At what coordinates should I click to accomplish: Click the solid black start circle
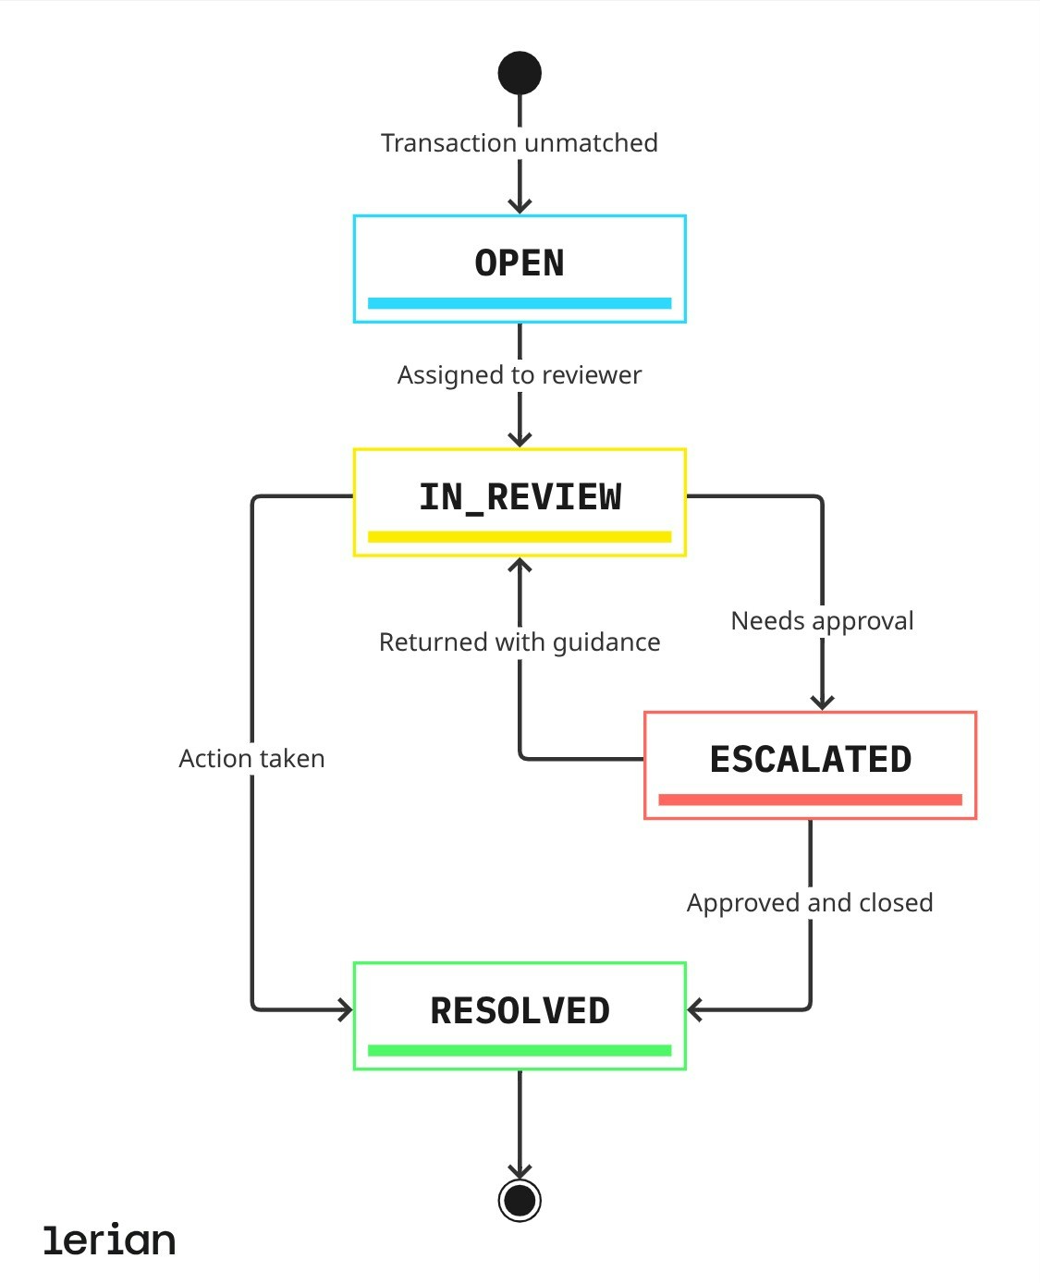click(520, 73)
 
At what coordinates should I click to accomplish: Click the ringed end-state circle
click(520, 1201)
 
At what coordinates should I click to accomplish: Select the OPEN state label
click(520, 263)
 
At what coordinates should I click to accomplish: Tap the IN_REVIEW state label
click(520, 497)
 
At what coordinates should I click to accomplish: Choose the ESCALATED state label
click(810, 760)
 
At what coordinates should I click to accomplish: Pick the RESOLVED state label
click(520, 1011)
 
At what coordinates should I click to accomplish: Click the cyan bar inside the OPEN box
click(520, 303)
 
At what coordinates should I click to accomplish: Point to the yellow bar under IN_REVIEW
click(520, 537)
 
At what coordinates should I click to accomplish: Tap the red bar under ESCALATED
click(810, 800)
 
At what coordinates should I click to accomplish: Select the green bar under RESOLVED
click(520, 1051)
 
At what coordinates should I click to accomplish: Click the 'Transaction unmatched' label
click(520, 143)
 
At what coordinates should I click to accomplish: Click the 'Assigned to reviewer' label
click(520, 375)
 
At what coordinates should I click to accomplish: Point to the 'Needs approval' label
click(822, 621)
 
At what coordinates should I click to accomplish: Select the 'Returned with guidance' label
click(520, 642)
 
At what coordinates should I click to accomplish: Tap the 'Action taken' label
click(251, 759)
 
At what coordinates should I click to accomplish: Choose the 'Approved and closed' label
click(810, 903)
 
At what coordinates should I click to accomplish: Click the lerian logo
click(109, 1240)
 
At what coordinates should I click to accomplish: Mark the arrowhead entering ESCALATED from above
click(822, 703)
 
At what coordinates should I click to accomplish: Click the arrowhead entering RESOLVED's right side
click(695, 1010)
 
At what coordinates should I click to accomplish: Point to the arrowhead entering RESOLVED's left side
click(345, 1010)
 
